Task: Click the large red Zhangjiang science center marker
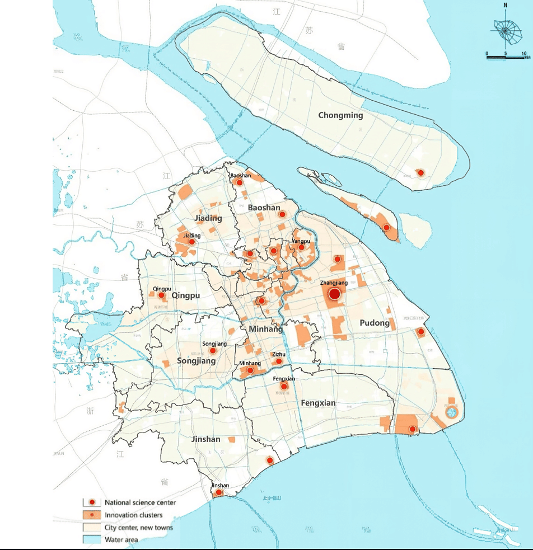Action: [334, 294]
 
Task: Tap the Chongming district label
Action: [340, 115]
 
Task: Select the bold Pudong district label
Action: [375, 323]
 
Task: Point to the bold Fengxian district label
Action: [318, 403]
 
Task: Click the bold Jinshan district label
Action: [205, 439]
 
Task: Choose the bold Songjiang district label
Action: [196, 361]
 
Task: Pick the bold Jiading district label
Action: [208, 218]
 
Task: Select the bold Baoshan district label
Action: [264, 208]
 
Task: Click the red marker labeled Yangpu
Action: [301, 247]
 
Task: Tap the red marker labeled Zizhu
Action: [279, 361]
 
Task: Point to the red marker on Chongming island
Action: [420, 173]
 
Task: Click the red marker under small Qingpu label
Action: [161, 295]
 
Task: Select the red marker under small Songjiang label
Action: [213, 351]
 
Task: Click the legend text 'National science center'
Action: [140, 502]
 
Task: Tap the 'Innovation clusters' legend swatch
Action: [91, 515]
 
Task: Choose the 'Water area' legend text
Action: [121, 540]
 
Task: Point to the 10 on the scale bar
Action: [525, 53]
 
